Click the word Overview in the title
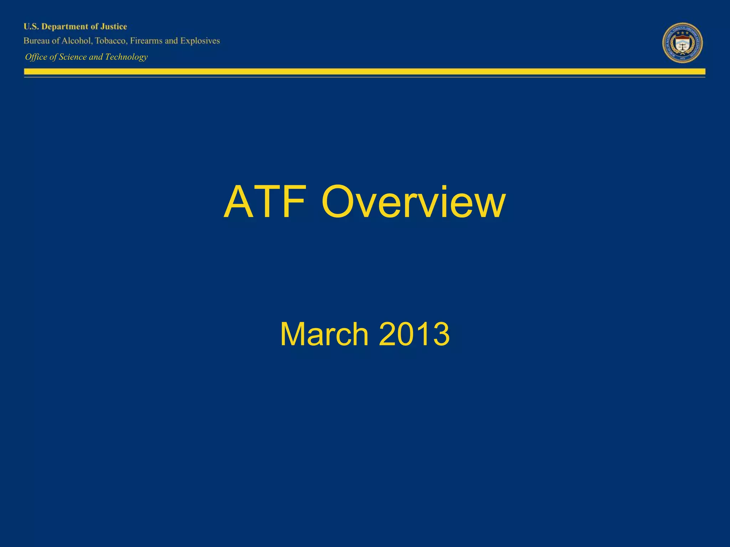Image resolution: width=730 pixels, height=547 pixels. (413, 202)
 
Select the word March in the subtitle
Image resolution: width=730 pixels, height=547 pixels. (324, 334)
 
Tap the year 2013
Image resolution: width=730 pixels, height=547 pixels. (414, 334)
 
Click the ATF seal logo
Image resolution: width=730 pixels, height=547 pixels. (682, 43)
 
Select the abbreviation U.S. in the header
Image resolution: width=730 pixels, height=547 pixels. (31, 27)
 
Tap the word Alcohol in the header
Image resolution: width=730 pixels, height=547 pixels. (77, 41)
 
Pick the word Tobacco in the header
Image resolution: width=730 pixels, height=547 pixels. (110, 41)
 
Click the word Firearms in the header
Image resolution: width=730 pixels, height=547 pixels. (146, 41)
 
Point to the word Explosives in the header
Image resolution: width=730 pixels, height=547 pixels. (200, 41)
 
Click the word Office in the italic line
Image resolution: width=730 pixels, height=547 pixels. (36, 57)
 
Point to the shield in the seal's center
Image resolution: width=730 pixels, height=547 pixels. (682, 45)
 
